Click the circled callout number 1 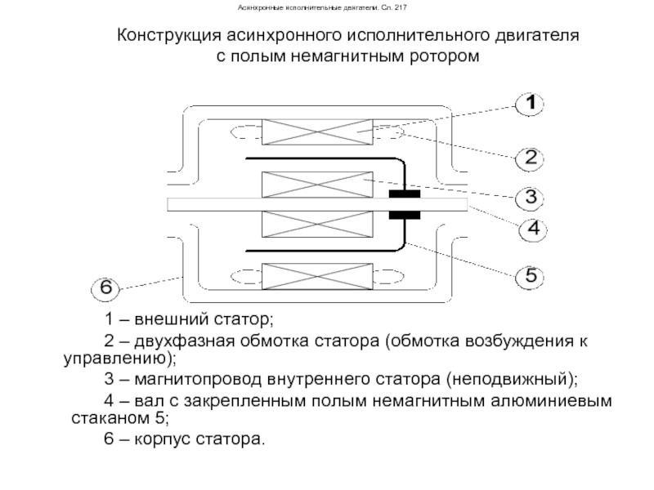point(529,104)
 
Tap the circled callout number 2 point(529,158)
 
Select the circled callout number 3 point(529,198)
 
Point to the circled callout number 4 point(533,229)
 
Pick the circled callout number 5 point(529,276)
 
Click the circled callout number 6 point(105,288)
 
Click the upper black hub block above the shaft point(404,194)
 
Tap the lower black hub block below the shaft point(404,215)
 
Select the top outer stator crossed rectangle point(317,132)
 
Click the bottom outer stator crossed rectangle point(317,276)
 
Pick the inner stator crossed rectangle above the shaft point(317,185)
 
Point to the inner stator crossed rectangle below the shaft point(317,224)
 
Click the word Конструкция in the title point(169,36)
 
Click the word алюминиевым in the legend point(551,401)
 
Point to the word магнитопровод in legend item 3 point(198,380)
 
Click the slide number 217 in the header point(401,7)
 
